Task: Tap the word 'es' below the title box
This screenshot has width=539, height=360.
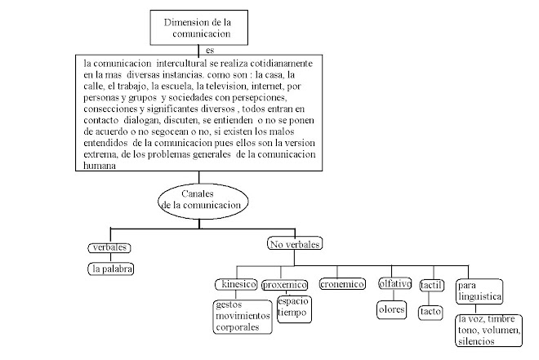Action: coord(211,51)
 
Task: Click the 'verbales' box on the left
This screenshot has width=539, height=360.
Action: coord(109,247)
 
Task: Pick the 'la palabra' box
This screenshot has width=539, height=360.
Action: coord(113,268)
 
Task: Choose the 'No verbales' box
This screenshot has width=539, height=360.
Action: coord(295,244)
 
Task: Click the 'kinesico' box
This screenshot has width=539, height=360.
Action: coord(235,285)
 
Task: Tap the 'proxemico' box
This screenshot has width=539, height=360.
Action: coord(285,285)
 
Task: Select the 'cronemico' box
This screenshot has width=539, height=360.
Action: coord(341,285)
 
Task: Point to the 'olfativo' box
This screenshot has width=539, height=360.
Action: coord(394,285)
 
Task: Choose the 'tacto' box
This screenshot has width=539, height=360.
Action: coord(430,311)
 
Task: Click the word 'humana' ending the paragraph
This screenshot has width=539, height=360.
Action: coord(101,166)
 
